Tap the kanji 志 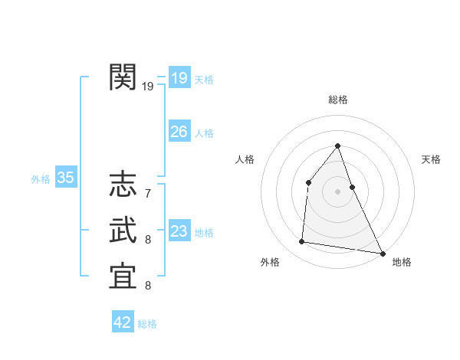(123, 185)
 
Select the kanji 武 (123, 231)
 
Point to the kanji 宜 (123, 277)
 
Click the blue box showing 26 (179, 132)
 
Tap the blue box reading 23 (179, 231)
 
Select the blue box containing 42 (123, 322)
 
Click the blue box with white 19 (179, 78)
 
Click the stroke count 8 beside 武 (147, 239)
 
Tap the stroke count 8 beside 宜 (147, 285)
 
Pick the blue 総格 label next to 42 (147, 324)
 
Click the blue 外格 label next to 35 (41, 179)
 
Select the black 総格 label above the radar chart (337, 100)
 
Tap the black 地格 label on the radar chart (402, 262)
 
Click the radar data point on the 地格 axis (383, 253)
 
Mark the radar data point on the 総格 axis (337, 146)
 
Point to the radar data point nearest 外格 (302, 242)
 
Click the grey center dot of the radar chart (337, 191)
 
